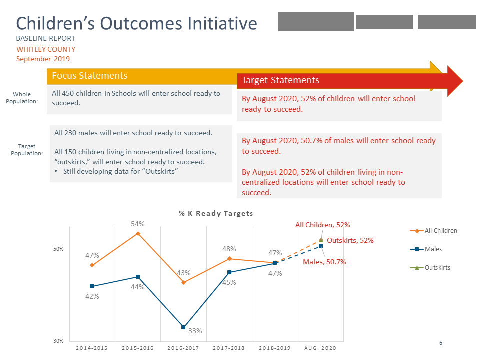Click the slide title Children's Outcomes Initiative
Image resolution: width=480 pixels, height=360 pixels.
[x=136, y=23]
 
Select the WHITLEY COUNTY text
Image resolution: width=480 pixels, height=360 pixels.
[x=46, y=49]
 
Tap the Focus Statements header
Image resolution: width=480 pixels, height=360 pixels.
[x=90, y=76]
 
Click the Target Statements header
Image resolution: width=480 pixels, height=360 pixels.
[x=280, y=80]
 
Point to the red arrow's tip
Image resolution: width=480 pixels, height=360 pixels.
[x=462, y=80]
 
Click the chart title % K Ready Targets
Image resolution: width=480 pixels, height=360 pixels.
[x=216, y=213]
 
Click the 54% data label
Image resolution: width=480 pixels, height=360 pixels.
[x=138, y=224]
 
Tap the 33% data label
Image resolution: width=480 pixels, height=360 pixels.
[x=195, y=331]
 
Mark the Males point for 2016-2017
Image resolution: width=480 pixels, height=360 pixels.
[x=183, y=327]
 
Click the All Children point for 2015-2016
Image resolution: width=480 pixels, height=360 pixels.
[x=138, y=233]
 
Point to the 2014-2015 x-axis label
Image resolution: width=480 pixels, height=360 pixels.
[x=92, y=348]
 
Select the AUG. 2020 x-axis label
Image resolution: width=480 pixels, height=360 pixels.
[x=320, y=348]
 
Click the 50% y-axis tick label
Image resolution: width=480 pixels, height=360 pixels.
[x=58, y=249]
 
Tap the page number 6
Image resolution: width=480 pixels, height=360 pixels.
[x=441, y=343]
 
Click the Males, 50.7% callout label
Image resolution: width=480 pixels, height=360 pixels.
[x=324, y=262]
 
